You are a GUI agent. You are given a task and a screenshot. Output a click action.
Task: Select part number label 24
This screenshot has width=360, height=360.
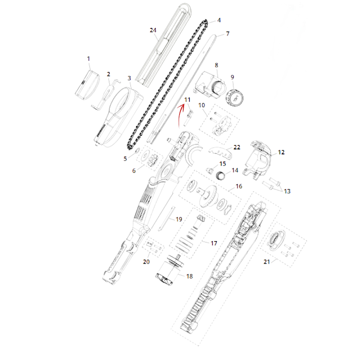tap(153, 30)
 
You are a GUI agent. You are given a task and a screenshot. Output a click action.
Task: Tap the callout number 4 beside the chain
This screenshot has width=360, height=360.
tap(219, 20)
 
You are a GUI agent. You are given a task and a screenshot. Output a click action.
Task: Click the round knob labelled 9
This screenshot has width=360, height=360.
tap(234, 98)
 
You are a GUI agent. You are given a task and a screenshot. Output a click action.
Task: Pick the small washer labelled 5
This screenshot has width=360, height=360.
tap(137, 150)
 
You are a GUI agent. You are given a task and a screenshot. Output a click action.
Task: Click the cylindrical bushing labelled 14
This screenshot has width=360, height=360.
tap(220, 176)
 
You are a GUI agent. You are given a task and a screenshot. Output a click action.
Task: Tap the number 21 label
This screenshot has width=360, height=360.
tap(266, 262)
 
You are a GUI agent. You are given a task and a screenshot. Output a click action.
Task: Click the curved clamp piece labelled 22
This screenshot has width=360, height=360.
tap(220, 153)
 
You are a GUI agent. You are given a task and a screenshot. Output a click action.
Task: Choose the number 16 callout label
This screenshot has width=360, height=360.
tap(239, 186)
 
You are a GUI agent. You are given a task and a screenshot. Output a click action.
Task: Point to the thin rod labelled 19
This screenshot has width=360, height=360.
tap(166, 218)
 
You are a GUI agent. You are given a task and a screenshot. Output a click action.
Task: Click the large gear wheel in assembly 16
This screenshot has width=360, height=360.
tap(208, 196)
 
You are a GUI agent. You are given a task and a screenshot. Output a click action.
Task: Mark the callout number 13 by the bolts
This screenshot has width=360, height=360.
tap(287, 191)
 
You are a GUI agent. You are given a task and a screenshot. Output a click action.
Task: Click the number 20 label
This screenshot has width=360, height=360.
tap(146, 262)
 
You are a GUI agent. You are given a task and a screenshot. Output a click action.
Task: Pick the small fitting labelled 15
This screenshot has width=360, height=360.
tap(209, 171)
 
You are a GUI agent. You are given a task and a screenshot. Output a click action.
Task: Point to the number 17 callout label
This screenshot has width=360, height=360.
tap(214, 243)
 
